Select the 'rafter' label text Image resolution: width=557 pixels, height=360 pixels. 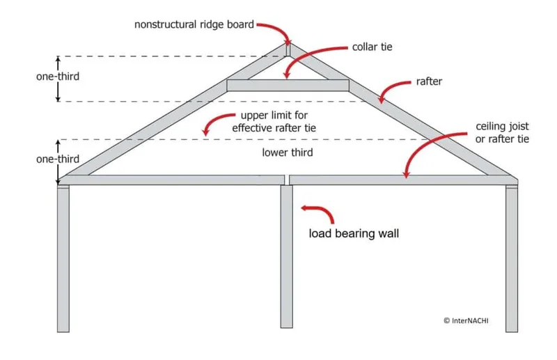click(430, 81)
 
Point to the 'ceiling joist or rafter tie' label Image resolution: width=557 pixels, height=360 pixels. click(503, 133)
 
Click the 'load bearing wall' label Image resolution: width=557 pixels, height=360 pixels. click(354, 233)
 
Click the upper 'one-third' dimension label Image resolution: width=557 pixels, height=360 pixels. click(57, 77)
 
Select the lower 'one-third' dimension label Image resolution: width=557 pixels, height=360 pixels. click(57, 159)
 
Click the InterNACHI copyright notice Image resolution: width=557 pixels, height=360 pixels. click(470, 320)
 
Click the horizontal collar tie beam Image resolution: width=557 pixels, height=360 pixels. click(288, 85)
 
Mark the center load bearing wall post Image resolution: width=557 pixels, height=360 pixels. click(286, 258)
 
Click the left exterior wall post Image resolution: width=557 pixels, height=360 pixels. click(63, 258)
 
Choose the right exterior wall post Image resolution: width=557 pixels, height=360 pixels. click(512, 258)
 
